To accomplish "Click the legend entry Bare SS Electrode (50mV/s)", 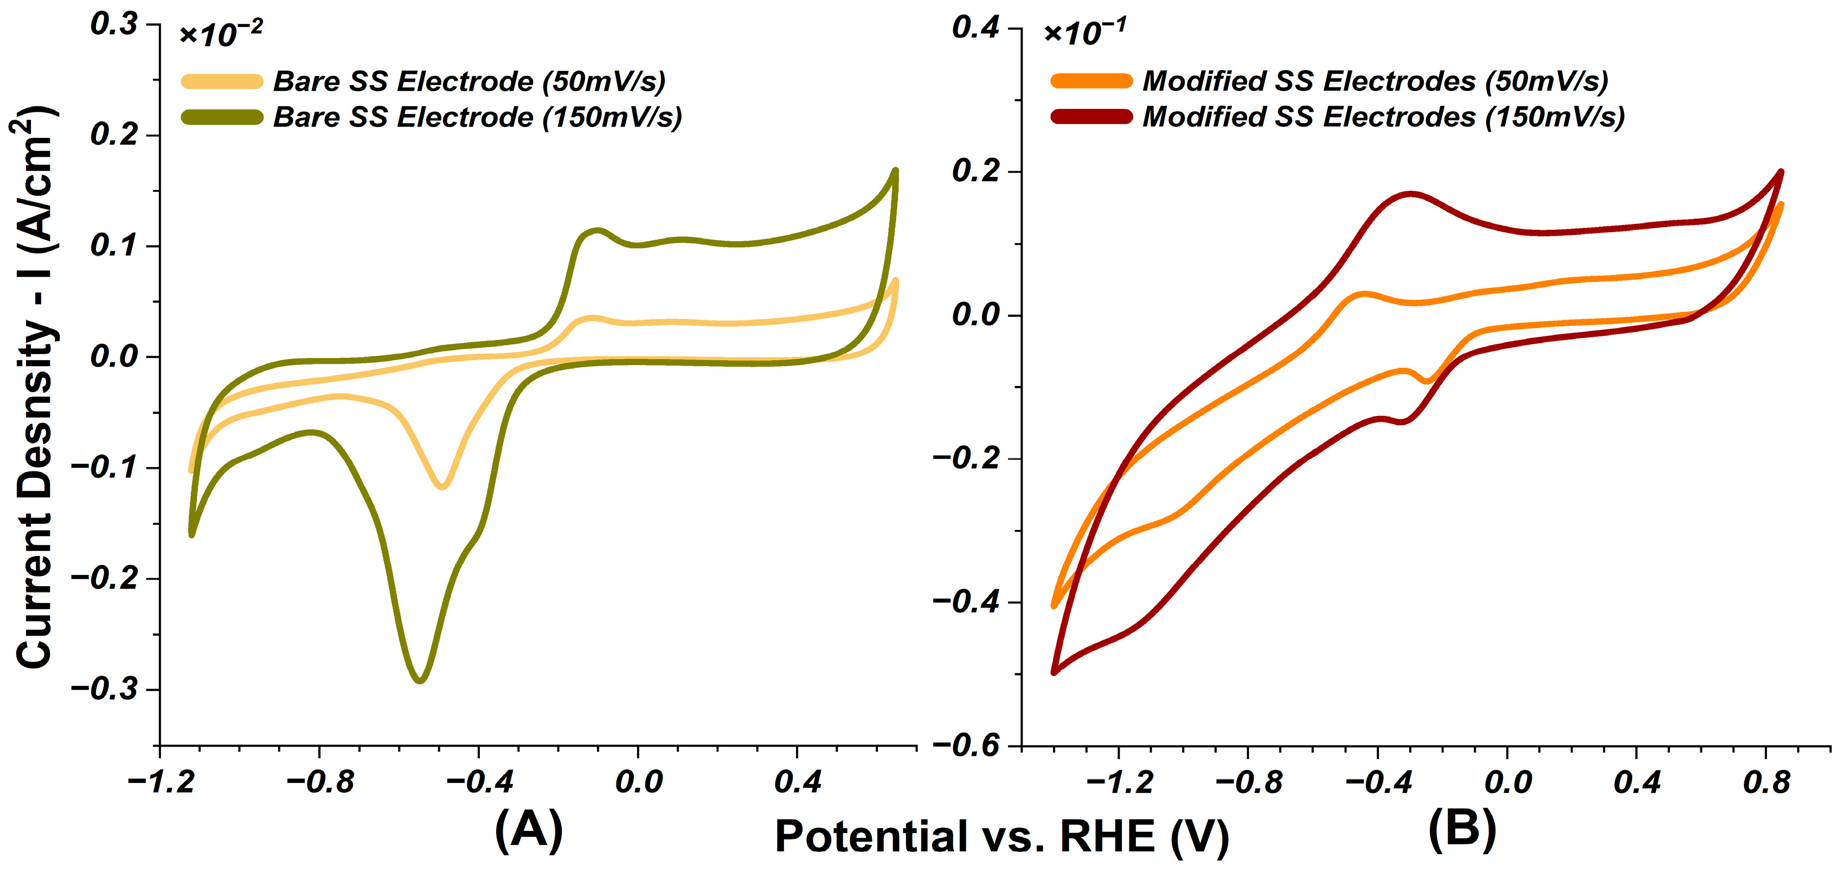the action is pyautogui.click(x=423, y=81).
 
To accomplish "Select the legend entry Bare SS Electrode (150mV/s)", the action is pyautogui.click(x=432, y=117).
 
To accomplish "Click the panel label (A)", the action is pyautogui.click(x=529, y=830).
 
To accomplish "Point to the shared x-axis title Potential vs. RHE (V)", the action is pyautogui.click(x=1001, y=836).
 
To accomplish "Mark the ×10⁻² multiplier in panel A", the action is pyautogui.click(x=220, y=33).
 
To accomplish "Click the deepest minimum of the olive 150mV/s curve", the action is pyautogui.click(x=420, y=680).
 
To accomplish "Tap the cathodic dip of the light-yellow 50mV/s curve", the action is pyautogui.click(x=442, y=486).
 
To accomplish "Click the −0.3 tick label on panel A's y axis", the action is pyautogui.click(x=105, y=690).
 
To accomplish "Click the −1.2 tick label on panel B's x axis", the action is pyautogui.click(x=1119, y=782).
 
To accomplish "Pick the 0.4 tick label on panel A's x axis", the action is pyautogui.click(x=798, y=782).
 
